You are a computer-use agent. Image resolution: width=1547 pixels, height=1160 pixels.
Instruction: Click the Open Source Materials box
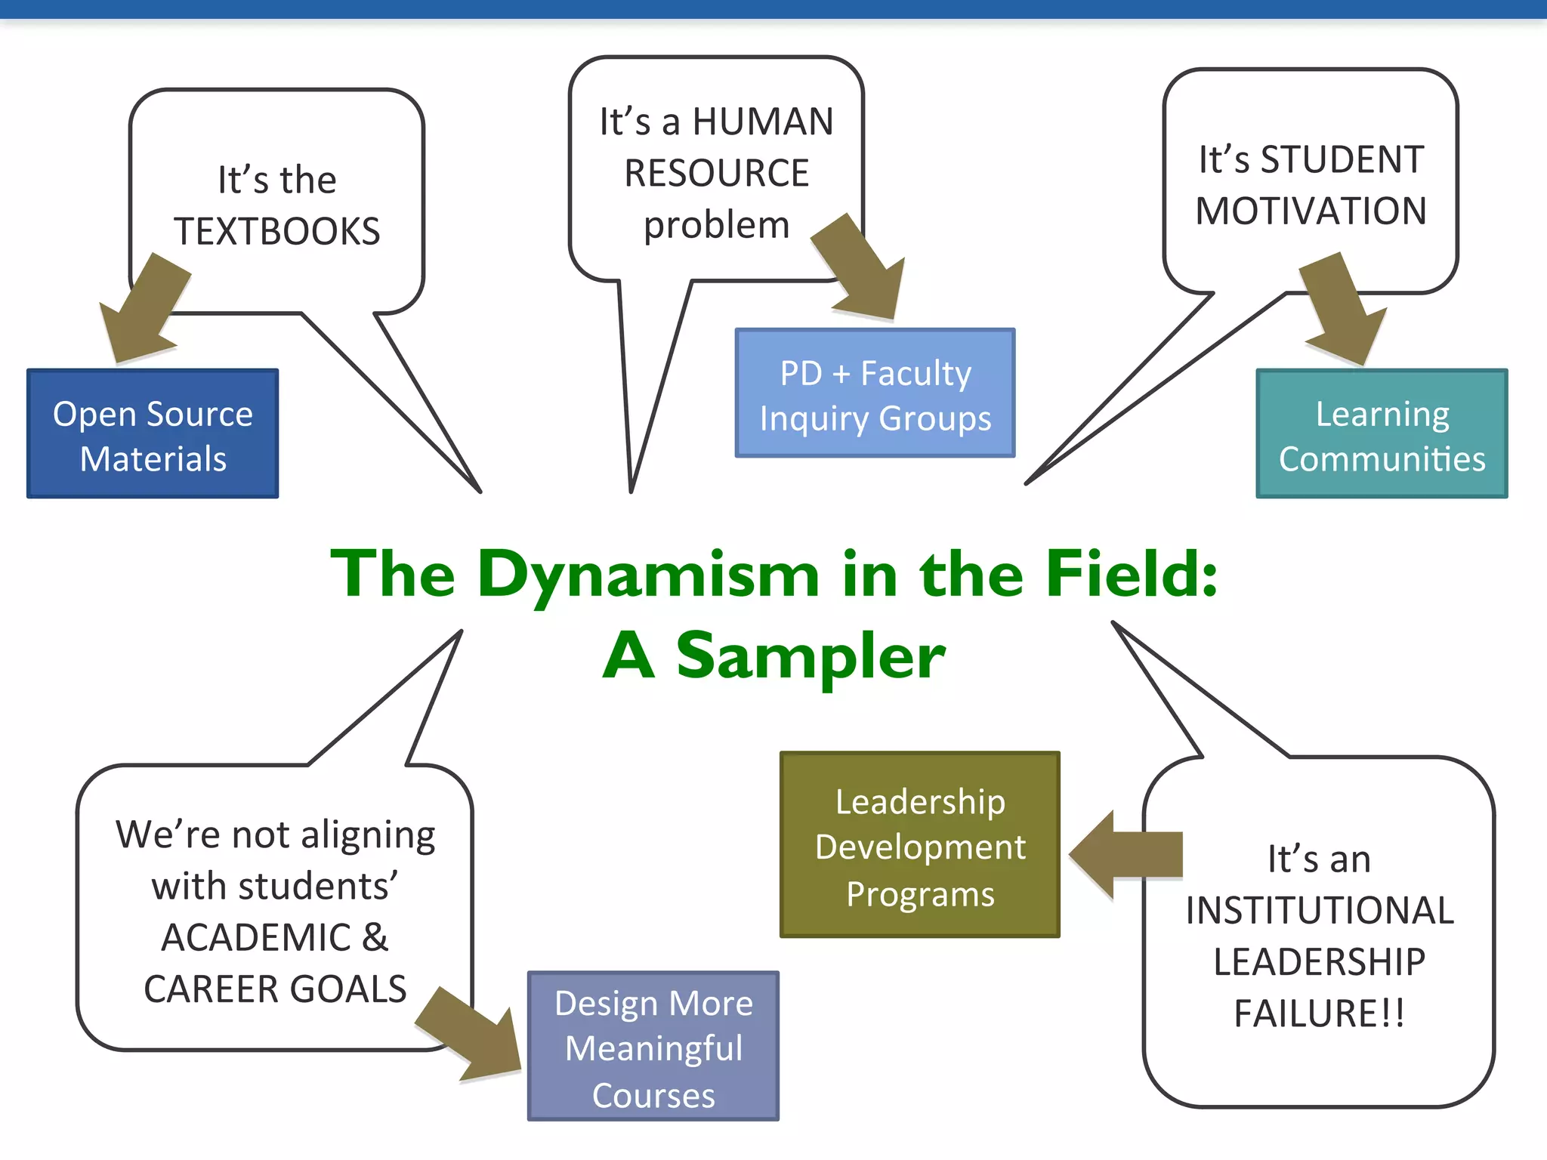point(153,434)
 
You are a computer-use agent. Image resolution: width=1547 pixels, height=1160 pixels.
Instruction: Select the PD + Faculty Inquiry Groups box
point(875,393)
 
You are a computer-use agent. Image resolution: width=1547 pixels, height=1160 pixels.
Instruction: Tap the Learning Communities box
point(1382,434)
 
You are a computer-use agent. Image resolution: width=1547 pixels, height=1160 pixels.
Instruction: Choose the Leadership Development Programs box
point(919,845)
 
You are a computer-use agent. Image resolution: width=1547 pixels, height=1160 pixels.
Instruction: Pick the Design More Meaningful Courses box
point(653,1046)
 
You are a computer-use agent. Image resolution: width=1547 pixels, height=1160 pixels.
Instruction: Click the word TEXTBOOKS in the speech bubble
point(277,231)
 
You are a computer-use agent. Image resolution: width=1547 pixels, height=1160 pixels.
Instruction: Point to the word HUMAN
point(763,122)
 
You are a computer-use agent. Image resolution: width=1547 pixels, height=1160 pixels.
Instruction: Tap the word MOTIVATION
point(1311,211)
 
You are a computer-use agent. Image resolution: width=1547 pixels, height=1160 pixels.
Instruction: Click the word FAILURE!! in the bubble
point(1319,1013)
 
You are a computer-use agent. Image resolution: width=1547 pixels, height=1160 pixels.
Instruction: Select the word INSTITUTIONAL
point(1319,910)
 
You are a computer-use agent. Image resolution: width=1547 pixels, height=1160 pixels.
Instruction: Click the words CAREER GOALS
point(275,989)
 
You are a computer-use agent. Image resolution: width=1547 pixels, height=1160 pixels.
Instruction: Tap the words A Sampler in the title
point(773,656)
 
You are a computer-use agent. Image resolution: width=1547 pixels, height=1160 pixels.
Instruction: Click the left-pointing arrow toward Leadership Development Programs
point(1126,855)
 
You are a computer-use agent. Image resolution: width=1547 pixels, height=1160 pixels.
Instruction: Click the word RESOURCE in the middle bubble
point(716,173)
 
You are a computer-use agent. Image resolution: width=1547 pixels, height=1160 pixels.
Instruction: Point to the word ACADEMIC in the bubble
point(257,938)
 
